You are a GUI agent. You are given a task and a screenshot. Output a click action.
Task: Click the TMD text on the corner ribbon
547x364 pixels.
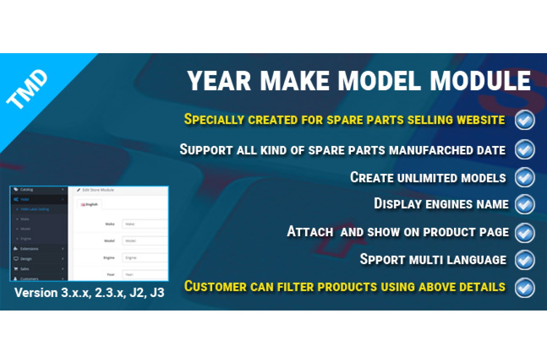[x=27, y=89]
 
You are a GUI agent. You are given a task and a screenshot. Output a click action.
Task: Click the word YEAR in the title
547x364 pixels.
[x=219, y=81]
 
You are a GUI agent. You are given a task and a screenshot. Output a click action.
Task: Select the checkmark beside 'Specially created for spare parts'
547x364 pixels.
[x=525, y=120]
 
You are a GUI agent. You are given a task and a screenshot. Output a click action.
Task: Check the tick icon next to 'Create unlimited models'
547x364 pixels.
[x=525, y=178]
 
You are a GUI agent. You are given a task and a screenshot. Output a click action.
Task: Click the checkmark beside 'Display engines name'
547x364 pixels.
[x=525, y=204]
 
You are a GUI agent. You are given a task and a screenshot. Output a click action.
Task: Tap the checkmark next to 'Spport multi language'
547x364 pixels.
[x=525, y=260]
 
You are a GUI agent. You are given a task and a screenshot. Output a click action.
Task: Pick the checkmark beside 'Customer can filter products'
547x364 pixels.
[x=525, y=288]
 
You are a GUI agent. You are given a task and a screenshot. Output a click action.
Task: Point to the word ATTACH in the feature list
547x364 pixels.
[x=310, y=232]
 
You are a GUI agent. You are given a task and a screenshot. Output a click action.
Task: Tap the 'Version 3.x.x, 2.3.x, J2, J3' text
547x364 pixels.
[x=89, y=293]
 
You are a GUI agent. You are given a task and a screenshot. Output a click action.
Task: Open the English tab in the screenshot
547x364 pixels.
[x=90, y=205]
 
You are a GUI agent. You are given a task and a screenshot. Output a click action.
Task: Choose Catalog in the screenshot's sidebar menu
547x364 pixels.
[x=27, y=190]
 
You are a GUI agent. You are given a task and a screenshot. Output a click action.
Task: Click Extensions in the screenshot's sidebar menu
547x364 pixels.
[x=29, y=249]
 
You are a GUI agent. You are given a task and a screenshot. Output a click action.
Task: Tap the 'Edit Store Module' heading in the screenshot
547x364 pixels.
[x=98, y=190]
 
